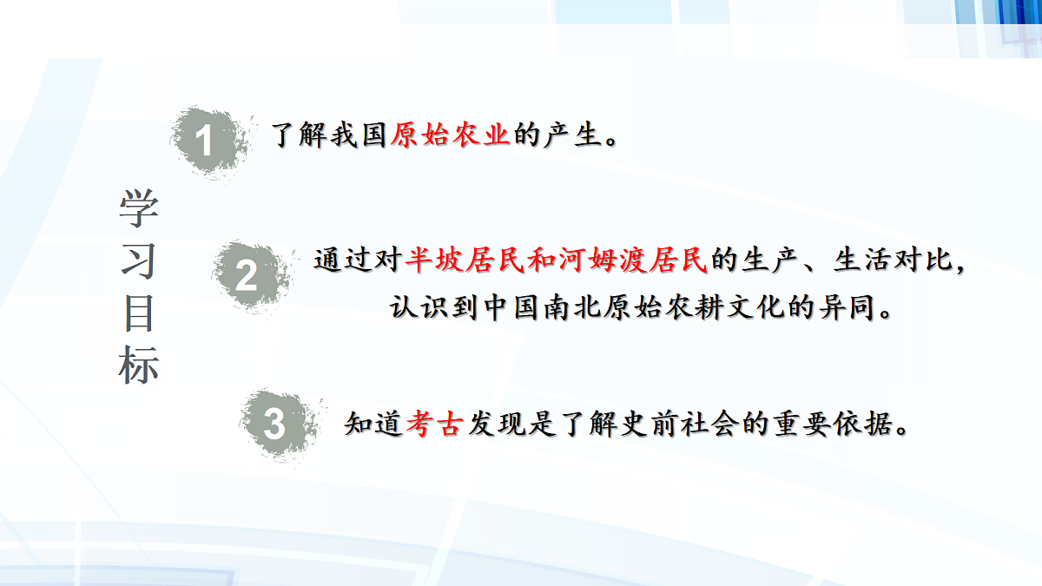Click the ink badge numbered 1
click(205, 142)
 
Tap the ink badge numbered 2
click(247, 276)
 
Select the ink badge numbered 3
click(274, 425)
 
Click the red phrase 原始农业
click(449, 136)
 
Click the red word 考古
click(432, 425)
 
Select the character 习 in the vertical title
click(139, 260)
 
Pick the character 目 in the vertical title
click(139, 314)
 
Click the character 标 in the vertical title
click(139, 366)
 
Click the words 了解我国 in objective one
click(329, 136)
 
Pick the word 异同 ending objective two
click(841, 308)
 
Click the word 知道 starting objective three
click(373, 425)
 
